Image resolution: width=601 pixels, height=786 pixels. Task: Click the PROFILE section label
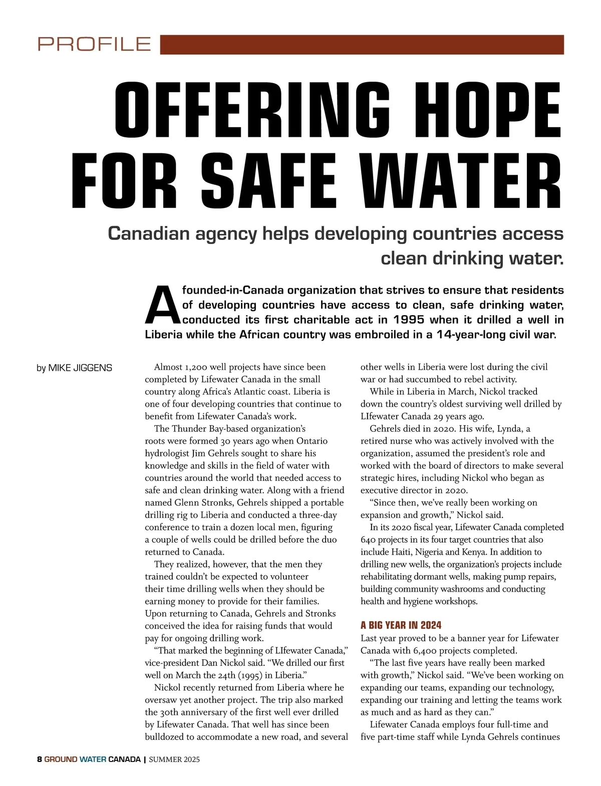94,44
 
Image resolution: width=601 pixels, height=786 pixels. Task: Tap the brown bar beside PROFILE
362,44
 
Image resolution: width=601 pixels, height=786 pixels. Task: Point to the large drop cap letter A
161,306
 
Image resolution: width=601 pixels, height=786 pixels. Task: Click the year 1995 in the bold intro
409,320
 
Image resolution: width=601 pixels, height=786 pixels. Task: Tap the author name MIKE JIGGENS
80,368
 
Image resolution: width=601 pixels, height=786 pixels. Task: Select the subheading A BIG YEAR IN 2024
401,625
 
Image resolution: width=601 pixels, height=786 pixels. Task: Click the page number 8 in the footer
40,759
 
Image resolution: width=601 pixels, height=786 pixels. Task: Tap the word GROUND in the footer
61,759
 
